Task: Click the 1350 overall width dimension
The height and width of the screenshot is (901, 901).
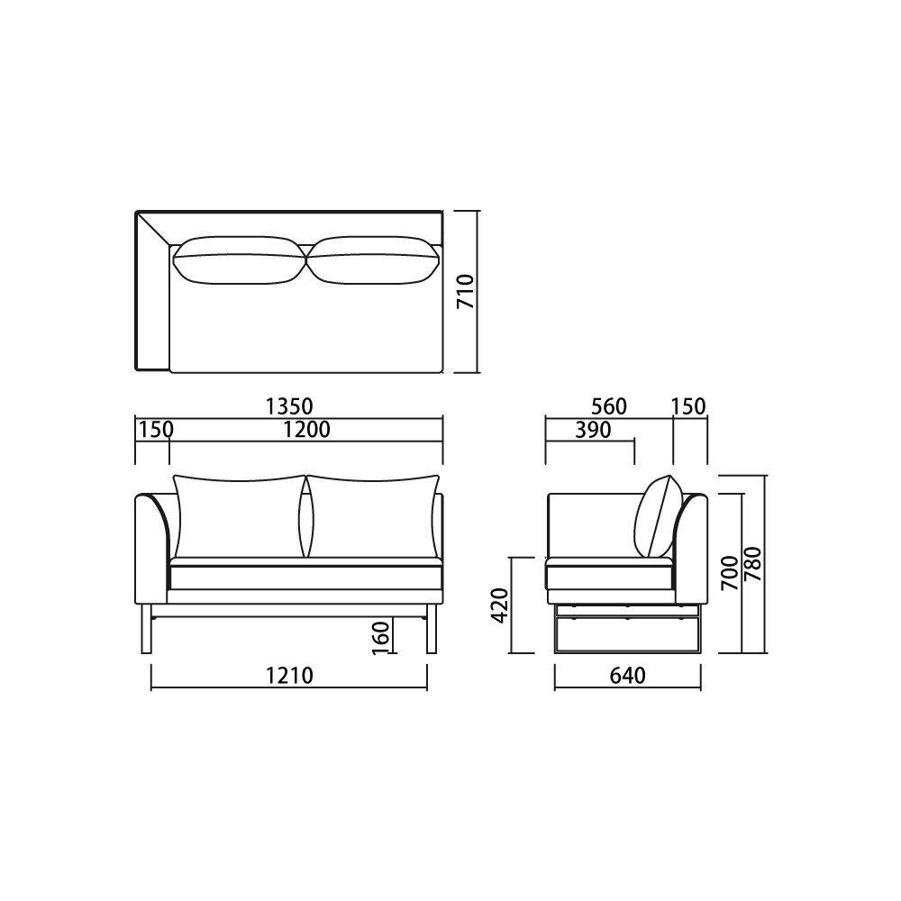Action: (x=289, y=407)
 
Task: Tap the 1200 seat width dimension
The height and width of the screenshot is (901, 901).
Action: (x=307, y=430)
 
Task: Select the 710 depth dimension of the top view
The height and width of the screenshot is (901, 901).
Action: (x=465, y=291)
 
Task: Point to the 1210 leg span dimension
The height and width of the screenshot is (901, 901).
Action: (x=289, y=675)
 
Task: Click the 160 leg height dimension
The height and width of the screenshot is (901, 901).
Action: (x=380, y=637)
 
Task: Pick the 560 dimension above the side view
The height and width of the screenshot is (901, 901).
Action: (x=608, y=407)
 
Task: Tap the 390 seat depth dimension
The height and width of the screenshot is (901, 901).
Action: (x=593, y=430)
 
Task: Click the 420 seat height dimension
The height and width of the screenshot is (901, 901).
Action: (x=500, y=605)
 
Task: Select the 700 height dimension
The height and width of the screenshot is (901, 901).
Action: (x=730, y=573)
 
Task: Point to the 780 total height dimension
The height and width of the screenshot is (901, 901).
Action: (x=752, y=564)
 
